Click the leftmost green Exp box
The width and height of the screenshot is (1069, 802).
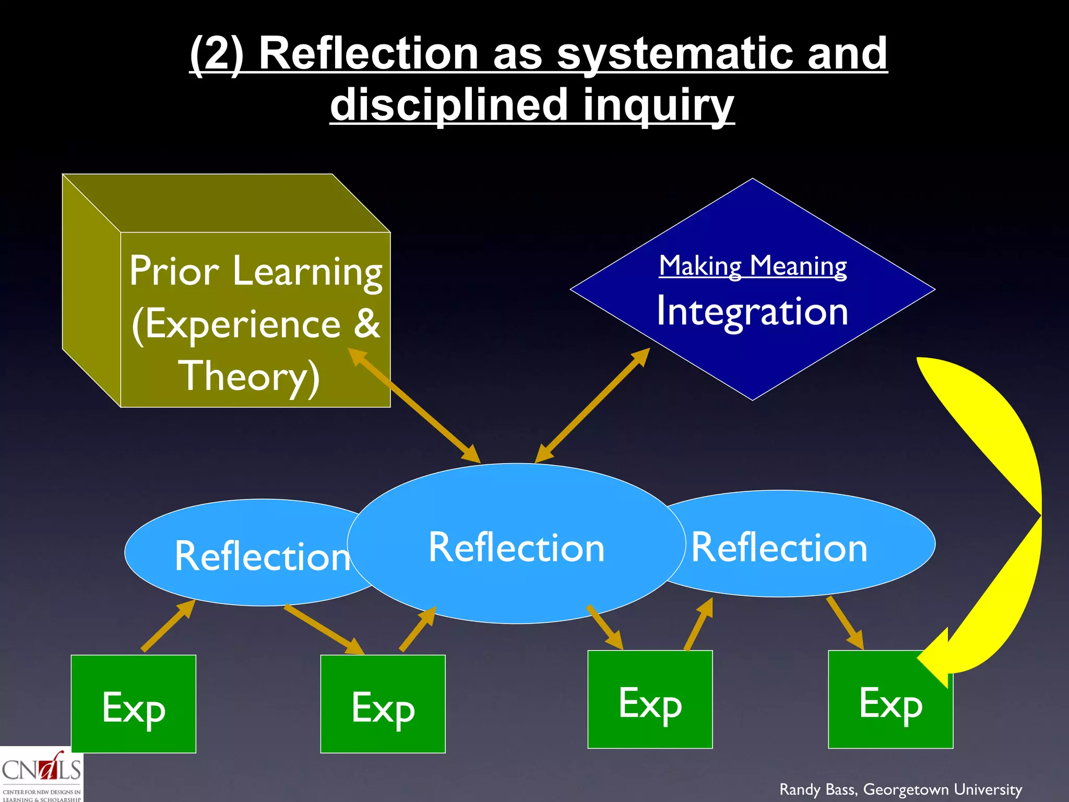[133, 703]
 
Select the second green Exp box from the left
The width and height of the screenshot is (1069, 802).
[383, 703]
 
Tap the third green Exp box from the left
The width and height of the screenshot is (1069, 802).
[650, 699]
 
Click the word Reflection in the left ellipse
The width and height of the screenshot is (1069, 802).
[262, 556]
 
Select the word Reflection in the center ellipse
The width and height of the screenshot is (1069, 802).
[516, 547]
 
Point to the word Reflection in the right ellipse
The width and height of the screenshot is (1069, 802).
[779, 547]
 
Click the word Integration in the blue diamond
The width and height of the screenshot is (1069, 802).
[752, 311]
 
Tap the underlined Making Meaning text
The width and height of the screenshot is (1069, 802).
[752, 266]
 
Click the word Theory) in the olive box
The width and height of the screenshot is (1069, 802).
[249, 376]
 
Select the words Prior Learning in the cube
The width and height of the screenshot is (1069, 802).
[256, 272]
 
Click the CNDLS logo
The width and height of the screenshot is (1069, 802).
[41, 774]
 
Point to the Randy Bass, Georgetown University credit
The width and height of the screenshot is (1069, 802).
[900, 789]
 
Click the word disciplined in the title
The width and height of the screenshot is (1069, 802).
[449, 104]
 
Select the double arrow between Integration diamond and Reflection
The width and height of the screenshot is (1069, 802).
[592, 405]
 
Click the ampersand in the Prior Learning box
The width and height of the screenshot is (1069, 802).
[366, 324]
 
